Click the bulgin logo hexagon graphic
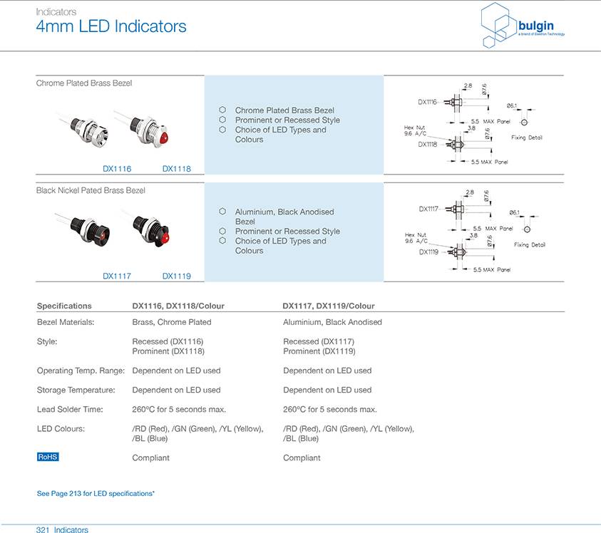(498, 26)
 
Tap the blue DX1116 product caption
(117, 169)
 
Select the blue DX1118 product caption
(176, 169)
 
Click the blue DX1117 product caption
(117, 276)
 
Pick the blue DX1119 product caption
(176, 276)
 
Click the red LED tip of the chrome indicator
(164, 137)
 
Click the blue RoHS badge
(48, 457)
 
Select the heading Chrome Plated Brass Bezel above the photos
(83, 83)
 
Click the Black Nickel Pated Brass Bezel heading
(91, 190)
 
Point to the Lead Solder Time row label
(70, 409)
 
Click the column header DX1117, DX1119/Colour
(328, 306)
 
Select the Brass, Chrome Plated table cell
(171, 322)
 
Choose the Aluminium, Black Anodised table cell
(332, 322)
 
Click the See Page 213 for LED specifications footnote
(96, 493)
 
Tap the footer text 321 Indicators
(62, 529)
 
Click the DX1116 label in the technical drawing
(427, 102)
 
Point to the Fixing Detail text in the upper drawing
(527, 138)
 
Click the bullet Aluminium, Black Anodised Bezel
(284, 217)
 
